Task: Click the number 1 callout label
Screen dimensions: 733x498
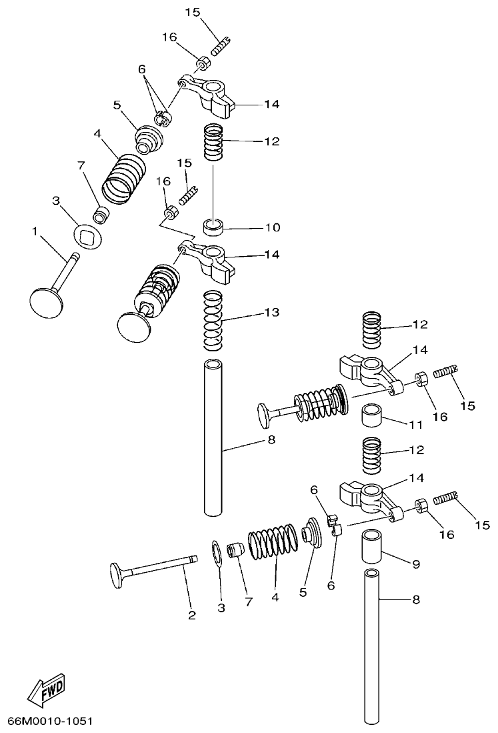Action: (x=35, y=231)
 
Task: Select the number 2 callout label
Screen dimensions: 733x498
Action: (x=191, y=615)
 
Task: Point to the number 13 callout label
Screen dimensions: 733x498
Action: (x=271, y=312)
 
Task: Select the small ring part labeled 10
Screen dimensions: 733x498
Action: (x=213, y=228)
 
